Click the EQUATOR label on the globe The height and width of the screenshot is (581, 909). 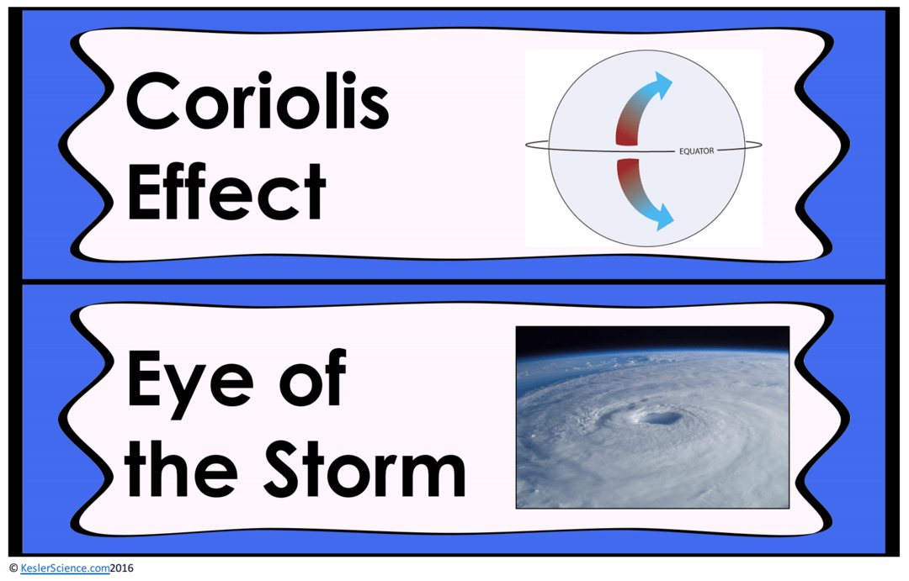696,151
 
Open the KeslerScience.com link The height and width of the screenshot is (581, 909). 65,568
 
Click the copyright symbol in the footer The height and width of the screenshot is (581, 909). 13,568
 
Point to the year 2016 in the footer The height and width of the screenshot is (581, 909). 121,568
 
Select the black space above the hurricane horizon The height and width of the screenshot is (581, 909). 652,337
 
